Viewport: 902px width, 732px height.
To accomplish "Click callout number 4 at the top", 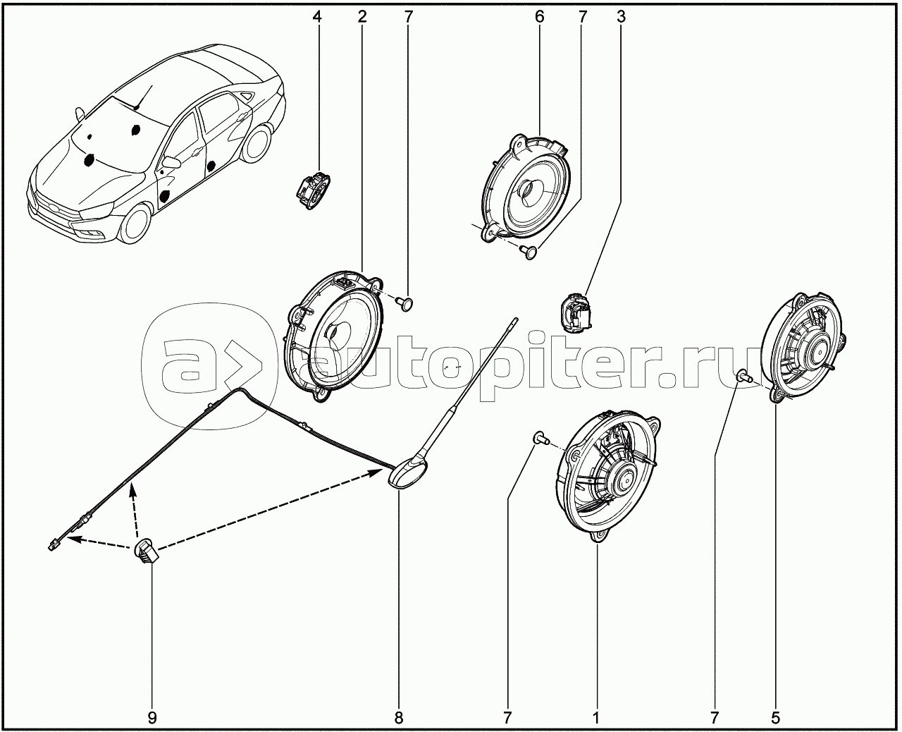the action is pos(317,17).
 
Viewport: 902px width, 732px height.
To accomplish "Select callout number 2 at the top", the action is pos(362,17).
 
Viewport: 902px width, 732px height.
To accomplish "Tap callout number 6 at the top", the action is pos(539,17).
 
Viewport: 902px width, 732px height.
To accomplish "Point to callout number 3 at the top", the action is pos(622,17).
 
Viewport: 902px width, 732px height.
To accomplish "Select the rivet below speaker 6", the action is pos(529,252).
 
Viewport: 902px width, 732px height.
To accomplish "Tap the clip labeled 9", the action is pos(146,551).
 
